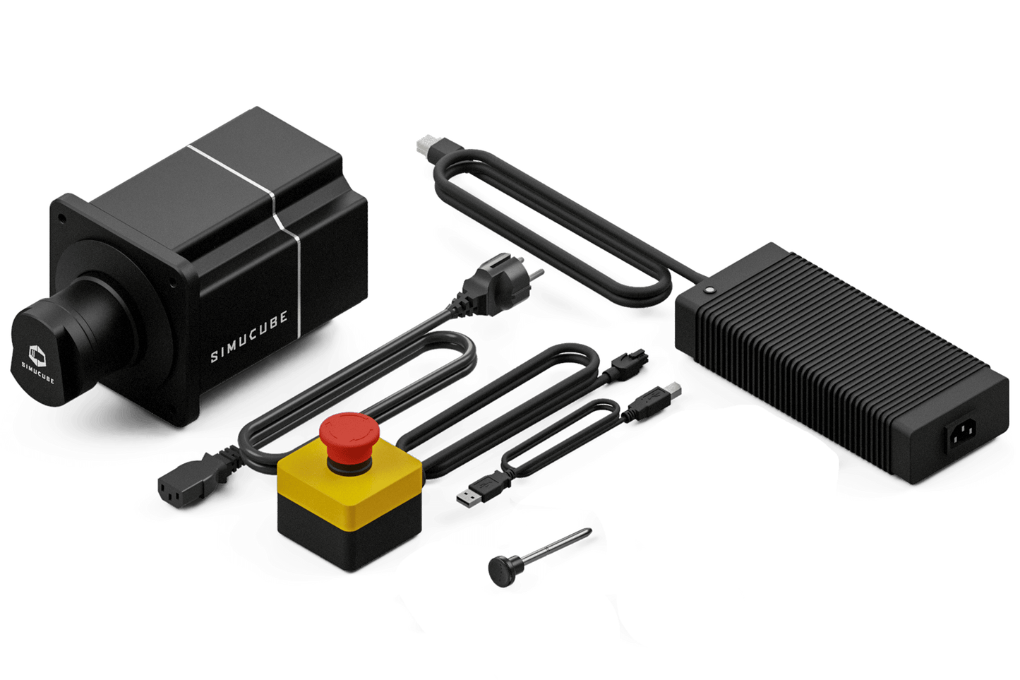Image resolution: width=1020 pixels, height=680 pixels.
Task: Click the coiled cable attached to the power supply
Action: point(558,219)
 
